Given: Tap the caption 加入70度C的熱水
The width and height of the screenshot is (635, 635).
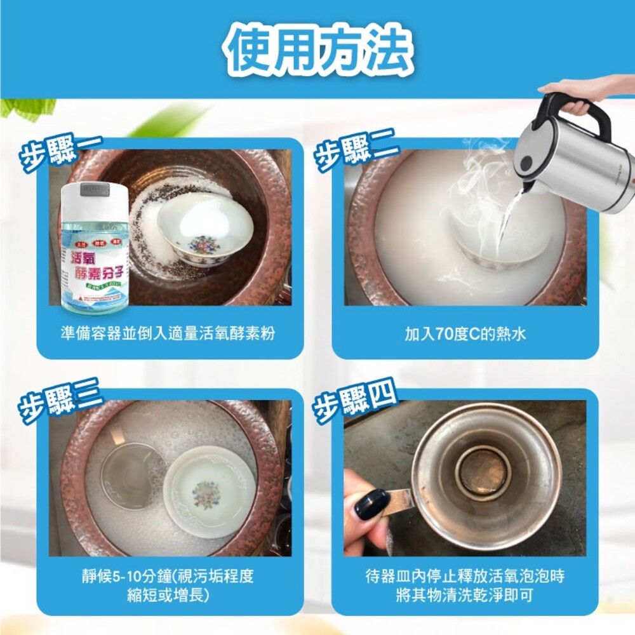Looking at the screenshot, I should tap(465, 333).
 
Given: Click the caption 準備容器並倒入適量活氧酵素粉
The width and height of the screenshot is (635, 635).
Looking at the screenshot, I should tap(168, 333).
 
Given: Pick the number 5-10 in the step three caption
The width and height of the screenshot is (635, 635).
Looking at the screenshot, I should tap(126, 577).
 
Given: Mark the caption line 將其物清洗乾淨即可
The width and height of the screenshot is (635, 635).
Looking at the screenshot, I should tap(465, 596).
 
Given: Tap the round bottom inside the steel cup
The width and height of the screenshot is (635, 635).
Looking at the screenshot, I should tap(485, 471).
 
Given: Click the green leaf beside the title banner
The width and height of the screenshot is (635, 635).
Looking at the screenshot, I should tap(25, 108).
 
